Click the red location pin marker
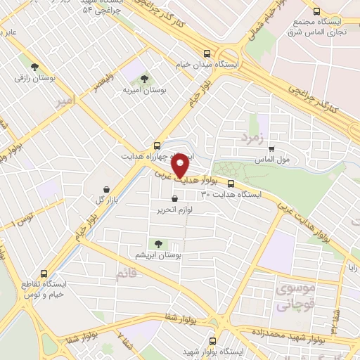click(x=181, y=166)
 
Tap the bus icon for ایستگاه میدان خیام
click(x=207, y=53)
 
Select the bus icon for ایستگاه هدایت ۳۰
click(x=231, y=184)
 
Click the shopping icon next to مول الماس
click(x=271, y=148)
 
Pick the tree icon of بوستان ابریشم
click(x=157, y=244)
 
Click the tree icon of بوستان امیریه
click(x=144, y=79)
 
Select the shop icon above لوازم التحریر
click(x=184, y=199)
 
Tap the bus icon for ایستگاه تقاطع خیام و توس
click(x=44, y=274)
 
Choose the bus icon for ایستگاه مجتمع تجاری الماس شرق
click(x=316, y=11)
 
